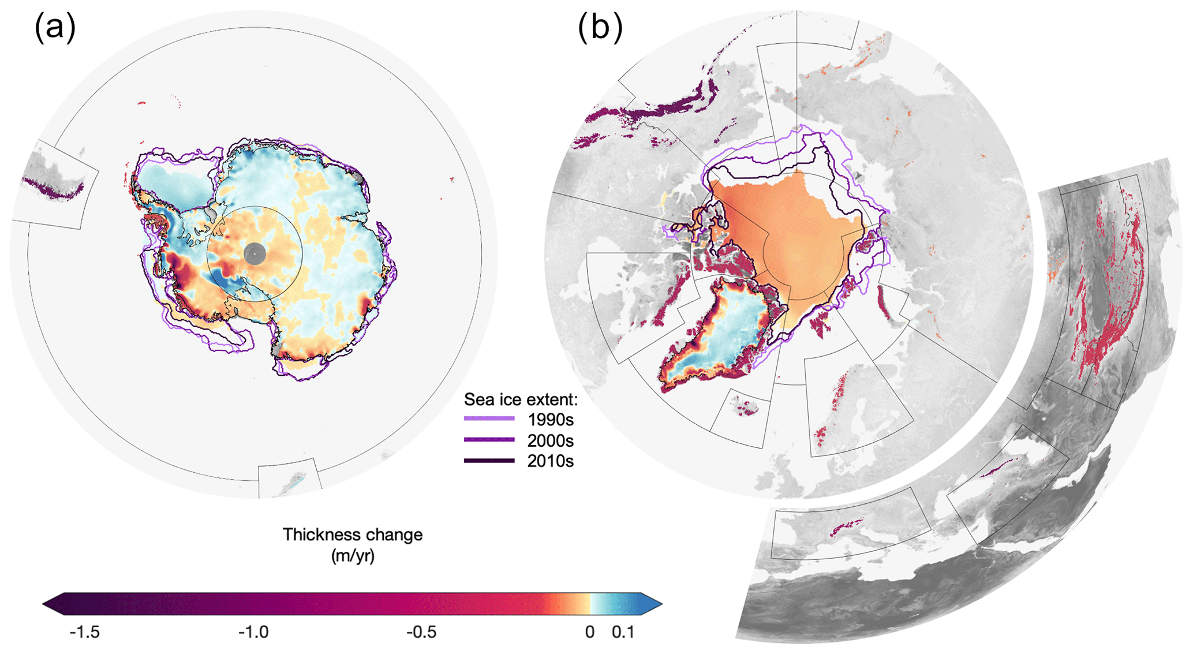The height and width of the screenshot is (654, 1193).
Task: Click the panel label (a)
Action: click(x=55, y=28)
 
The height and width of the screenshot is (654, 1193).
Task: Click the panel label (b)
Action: click(x=600, y=28)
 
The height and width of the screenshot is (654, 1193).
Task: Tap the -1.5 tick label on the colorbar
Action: click(x=84, y=632)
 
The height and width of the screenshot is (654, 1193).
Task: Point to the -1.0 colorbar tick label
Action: click(x=253, y=632)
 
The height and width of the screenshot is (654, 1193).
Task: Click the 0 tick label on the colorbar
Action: click(x=589, y=632)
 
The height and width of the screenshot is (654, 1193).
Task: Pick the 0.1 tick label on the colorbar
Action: click(x=623, y=632)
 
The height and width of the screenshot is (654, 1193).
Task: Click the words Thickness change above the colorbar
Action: click(x=352, y=535)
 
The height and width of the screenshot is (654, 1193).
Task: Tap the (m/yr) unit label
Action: click(x=352, y=556)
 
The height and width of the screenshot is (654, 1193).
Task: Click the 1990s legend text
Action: click(x=550, y=420)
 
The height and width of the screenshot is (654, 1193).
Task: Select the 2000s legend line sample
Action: click(x=489, y=440)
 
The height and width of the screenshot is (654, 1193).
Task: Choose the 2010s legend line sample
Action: click(x=489, y=461)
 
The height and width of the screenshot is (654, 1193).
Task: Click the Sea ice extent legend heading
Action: click(x=521, y=399)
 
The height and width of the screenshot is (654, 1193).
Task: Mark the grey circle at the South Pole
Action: click(x=255, y=253)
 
